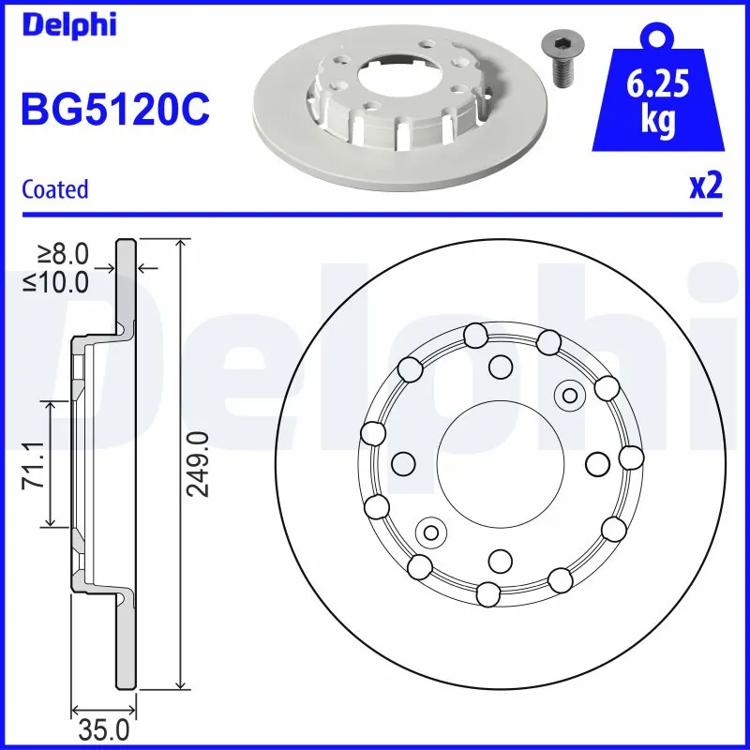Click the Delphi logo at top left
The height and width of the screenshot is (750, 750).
tap(67, 25)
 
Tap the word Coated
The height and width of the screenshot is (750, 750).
tap(54, 189)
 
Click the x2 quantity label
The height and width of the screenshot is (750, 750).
tap(705, 187)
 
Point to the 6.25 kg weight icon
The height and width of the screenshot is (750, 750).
tap(660, 94)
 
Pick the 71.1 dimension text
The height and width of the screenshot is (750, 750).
tap(30, 463)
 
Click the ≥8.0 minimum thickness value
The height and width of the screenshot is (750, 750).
tap(63, 253)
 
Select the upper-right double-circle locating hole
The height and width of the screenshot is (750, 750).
tap(567, 395)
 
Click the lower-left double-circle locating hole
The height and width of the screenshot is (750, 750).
tap(431, 532)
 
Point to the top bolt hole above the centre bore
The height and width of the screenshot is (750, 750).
tap(500, 367)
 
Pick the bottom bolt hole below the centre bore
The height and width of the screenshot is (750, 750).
tap(500, 560)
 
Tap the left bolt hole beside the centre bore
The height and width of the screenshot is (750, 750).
tap(403, 463)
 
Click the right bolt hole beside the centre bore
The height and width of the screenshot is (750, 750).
tap(596, 463)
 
